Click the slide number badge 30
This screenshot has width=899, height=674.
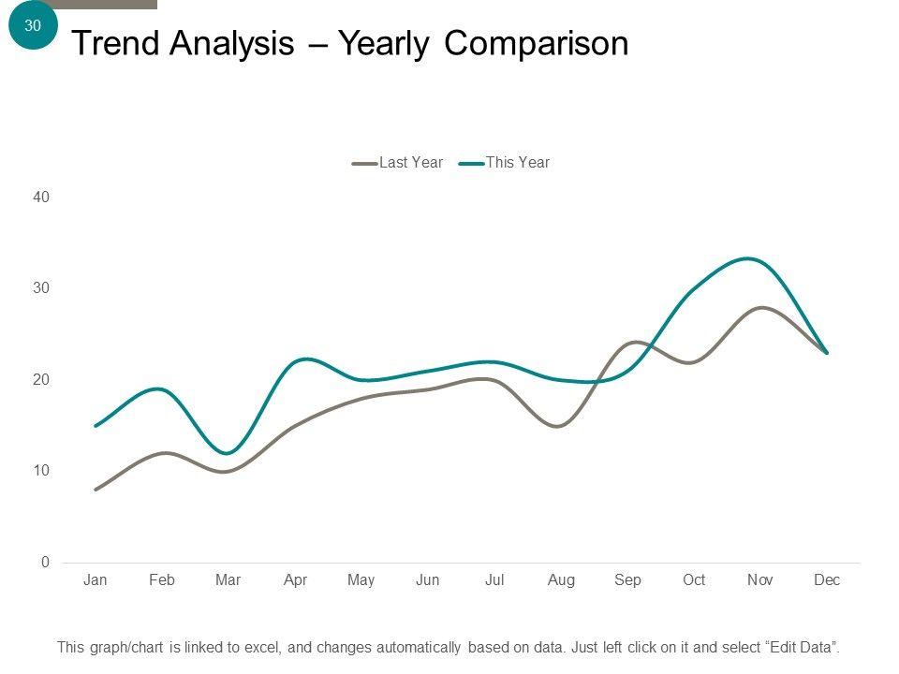33,26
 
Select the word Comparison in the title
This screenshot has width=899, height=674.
536,44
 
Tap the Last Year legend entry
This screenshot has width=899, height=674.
410,163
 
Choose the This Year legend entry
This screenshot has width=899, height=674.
517,163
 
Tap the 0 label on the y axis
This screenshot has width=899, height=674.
45,563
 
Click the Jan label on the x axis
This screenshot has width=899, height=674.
96,580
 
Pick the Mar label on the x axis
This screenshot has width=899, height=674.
228,580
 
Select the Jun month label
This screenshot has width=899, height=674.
428,580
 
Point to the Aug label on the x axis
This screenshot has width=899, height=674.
561,580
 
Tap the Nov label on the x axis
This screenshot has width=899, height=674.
760,580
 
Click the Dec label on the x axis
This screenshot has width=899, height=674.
827,580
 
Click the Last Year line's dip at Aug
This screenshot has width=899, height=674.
558,426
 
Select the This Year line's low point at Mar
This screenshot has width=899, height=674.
228,453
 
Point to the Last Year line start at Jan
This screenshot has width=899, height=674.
96,490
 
